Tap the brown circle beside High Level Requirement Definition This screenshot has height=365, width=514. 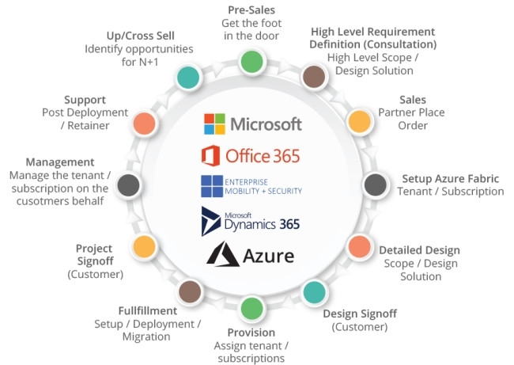coord(315,76)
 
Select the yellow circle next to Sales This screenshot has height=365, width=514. coord(360,121)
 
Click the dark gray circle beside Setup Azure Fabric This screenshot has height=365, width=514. coord(374,184)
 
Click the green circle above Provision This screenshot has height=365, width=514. coord(251,308)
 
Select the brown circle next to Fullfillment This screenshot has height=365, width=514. coord(189,292)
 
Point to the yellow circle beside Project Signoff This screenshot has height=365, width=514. coord(143,246)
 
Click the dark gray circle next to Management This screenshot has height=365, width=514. coord(128,184)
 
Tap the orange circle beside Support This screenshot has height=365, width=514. coord(143,123)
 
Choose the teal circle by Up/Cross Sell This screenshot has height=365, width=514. coord(188,76)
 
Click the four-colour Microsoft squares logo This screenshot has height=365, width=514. coord(214,124)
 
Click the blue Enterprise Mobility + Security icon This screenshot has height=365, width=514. coord(212,185)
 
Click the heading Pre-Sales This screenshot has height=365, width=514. coord(252,9)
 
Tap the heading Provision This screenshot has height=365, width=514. coord(251,333)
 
